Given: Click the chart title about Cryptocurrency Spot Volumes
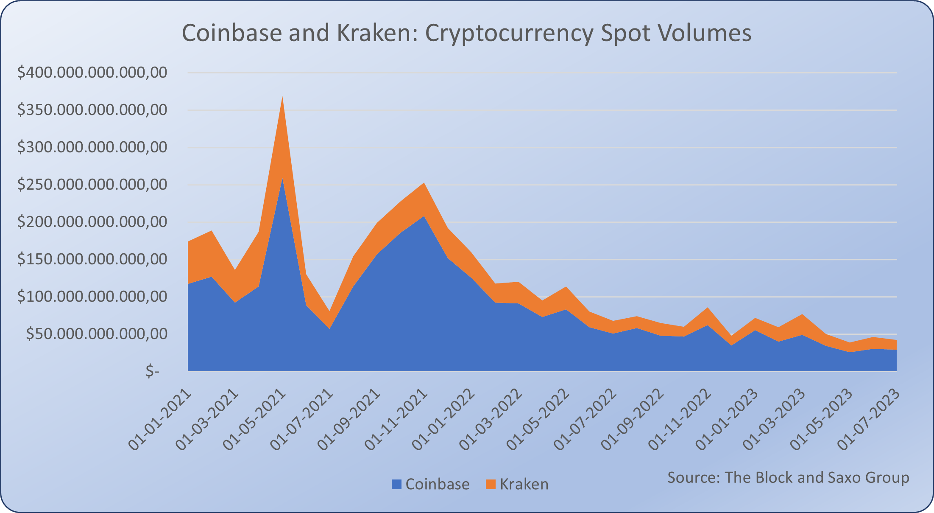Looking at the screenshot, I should tap(466, 33).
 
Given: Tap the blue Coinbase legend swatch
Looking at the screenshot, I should tap(396, 484).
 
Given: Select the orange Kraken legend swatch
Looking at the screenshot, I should tap(491, 484).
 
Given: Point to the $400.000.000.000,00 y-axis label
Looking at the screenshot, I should tap(92, 73).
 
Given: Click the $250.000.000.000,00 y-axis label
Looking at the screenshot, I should tap(92, 185).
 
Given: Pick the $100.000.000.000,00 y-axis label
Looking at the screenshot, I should tap(92, 297).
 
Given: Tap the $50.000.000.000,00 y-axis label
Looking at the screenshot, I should tap(97, 334).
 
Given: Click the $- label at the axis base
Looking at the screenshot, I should tap(152, 371).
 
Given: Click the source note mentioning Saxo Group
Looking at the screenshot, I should tap(788, 478).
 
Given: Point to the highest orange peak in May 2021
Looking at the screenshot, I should tap(282, 98).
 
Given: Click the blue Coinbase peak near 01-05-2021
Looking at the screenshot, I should tap(282, 180).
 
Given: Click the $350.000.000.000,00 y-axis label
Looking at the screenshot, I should tap(92, 110).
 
